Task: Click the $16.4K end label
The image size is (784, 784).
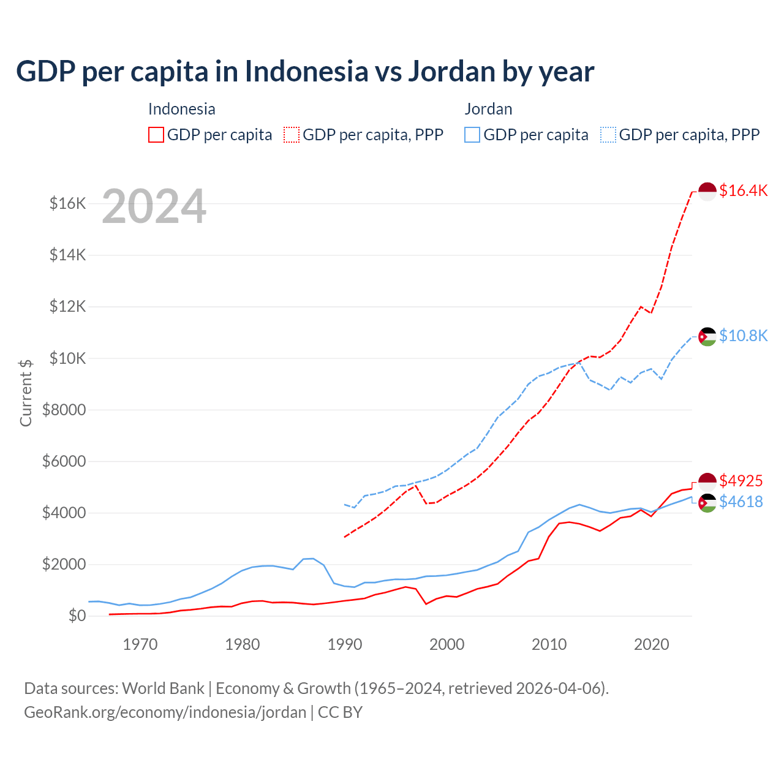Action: pyautogui.click(x=743, y=190)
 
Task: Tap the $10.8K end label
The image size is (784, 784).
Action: pyautogui.click(x=743, y=336)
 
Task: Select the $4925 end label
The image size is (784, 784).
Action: pyautogui.click(x=741, y=481)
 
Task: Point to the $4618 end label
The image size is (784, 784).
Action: pyautogui.click(x=741, y=502)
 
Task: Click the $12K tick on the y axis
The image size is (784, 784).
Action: pyautogui.click(x=67, y=306)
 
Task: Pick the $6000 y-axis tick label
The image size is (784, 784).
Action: pyautogui.click(x=64, y=461)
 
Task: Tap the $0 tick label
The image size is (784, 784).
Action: pyautogui.click(x=77, y=616)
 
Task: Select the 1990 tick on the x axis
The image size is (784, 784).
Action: pyautogui.click(x=345, y=644)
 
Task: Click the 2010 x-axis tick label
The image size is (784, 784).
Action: pyautogui.click(x=549, y=644)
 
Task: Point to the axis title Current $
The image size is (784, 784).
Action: pyautogui.click(x=26, y=393)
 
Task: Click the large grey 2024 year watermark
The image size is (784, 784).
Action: pyautogui.click(x=154, y=206)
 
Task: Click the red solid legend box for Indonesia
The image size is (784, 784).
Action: pyautogui.click(x=156, y=135)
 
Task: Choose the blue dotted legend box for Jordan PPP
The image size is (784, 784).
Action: pyautogui.click(x=608, y=135)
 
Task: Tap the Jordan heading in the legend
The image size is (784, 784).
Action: pyautogui.click(x=488, y=109)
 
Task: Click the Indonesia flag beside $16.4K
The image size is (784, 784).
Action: pyautogui.click(x=707, y=191)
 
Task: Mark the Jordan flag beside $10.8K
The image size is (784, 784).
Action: pyautogui.click(x=707, y=336)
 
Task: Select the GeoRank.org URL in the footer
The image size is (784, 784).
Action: pyautogui.click(x=165, y=712)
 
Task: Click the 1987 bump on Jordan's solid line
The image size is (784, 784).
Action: pyautogui.click(x=314, y=558)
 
